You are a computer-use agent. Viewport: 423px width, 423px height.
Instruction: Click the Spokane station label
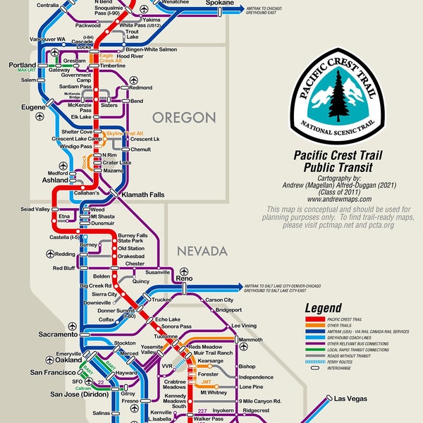point(220,4)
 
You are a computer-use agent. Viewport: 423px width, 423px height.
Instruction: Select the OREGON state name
point(185,116)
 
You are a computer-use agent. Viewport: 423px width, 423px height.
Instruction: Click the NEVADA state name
point(202,250)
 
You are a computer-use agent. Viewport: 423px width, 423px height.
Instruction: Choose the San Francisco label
point(31,372)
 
